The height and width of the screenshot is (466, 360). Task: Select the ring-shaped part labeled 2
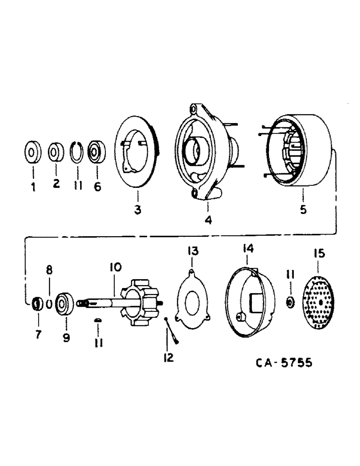[x=56, y=152]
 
